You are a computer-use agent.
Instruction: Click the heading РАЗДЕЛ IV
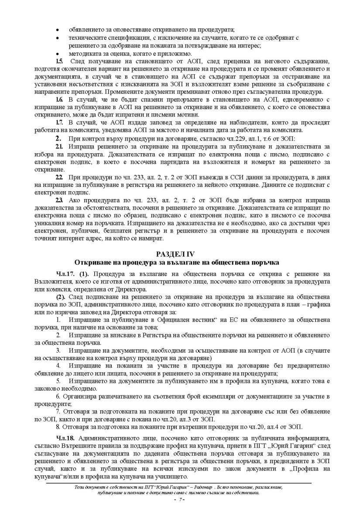(x=180, y=254)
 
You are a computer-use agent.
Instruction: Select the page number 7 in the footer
(x=179, y=499)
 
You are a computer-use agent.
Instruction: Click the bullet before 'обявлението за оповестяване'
(x=58, y=30)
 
